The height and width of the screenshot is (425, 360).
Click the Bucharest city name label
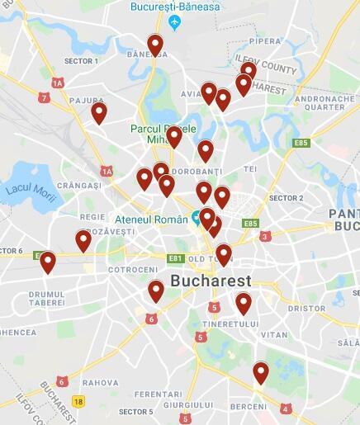tap(211, 281)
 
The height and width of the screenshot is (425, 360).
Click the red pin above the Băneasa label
tap(155, 45)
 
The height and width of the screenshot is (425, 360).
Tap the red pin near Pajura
tap(99, 111)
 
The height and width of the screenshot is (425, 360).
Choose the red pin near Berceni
tap(261, 372)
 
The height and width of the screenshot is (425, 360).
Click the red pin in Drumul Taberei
tap(48, 262)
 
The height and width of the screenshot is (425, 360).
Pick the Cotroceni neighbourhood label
tap(133, 270)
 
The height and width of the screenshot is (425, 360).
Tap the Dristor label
tap(306, 308)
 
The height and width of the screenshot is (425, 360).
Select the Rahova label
tap(100, 382)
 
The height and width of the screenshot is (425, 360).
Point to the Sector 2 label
tap(287, 198)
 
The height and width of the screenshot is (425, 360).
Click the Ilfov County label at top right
tap(266, 64)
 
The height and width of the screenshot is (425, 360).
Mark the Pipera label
tap(266, 40)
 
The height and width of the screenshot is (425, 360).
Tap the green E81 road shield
tap(174, 259)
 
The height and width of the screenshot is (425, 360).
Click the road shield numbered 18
tap(78, 402)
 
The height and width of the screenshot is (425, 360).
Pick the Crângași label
tap(79, 186)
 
